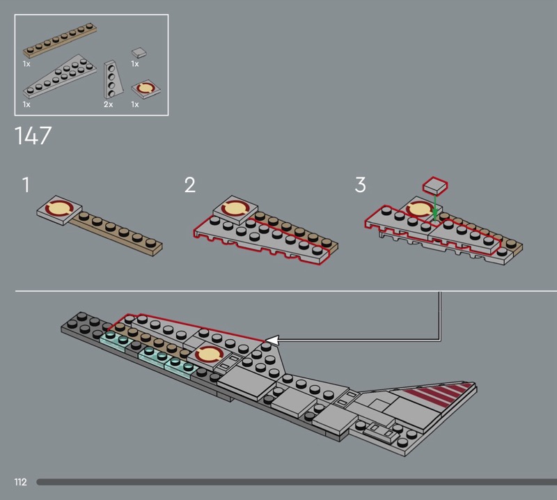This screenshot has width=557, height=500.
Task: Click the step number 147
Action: click(x=33, y=135)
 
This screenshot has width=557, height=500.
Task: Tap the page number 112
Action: click(x=20, y=482)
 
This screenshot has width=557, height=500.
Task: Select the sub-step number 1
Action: click(x=26, y=185)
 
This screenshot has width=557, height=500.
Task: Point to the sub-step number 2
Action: click(x=190, y=185)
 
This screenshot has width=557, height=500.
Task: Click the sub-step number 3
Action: click(x=360, y=185)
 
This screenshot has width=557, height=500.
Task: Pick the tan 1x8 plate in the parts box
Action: click(x=59, y=41)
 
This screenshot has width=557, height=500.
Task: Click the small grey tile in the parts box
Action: click(x=139, y=51)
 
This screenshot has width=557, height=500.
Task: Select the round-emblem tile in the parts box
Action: click(x=144, y=89)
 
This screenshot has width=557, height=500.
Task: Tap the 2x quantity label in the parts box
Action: click(x=108, y=104)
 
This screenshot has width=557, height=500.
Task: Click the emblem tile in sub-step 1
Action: click(x=58, y=208)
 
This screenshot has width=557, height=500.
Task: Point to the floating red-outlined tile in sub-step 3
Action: click(x=434, y=185)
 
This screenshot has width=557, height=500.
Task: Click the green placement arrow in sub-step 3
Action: click(x=434, y=208)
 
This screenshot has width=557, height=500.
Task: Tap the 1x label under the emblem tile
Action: click(x=134, y=104)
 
